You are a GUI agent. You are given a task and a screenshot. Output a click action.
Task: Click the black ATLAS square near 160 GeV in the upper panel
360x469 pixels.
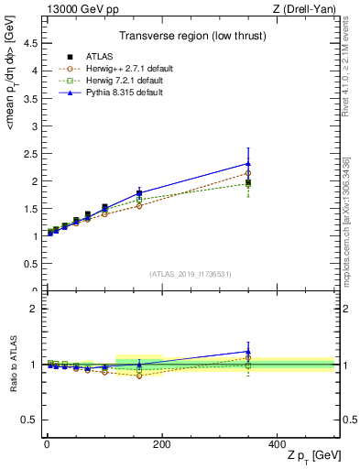coord(139,193)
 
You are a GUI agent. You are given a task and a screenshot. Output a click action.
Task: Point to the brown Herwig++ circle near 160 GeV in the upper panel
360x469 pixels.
coord(139,206)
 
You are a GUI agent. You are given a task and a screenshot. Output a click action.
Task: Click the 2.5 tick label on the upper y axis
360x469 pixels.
coord(30,153)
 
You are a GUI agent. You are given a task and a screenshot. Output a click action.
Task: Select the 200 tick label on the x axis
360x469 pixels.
coord(162,444)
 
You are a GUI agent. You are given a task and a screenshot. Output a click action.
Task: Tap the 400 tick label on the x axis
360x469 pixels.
coord(277,444)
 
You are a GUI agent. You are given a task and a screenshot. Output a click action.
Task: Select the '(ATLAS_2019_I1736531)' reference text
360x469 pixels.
coord(190,274)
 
